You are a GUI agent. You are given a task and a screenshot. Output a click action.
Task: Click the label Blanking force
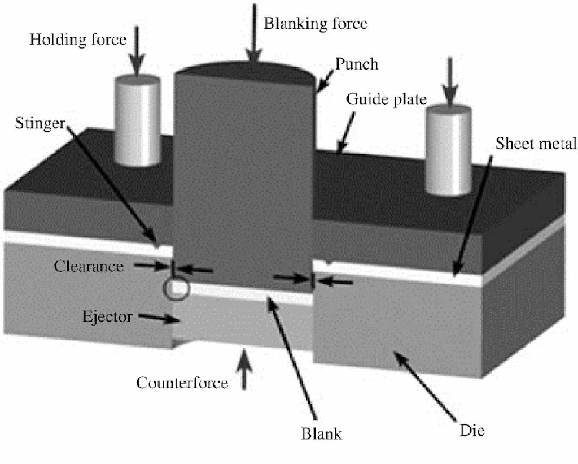(x=315, y=23)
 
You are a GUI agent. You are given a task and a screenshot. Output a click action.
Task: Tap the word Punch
(x=356, y=64)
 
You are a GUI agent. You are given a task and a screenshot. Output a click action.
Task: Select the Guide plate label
(x=386, y=99)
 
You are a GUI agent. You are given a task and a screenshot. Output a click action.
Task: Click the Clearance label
(x=89, y=266)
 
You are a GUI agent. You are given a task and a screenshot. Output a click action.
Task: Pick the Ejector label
(x=107, y=316)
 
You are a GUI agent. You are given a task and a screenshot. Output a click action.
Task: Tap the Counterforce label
(x=182, y=383)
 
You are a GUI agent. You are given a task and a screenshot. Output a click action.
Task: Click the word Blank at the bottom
(x=321, y=433)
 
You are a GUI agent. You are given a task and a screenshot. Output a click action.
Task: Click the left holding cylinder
(x=138, y=122)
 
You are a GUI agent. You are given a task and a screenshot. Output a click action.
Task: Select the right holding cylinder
(x=448, y=150)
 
